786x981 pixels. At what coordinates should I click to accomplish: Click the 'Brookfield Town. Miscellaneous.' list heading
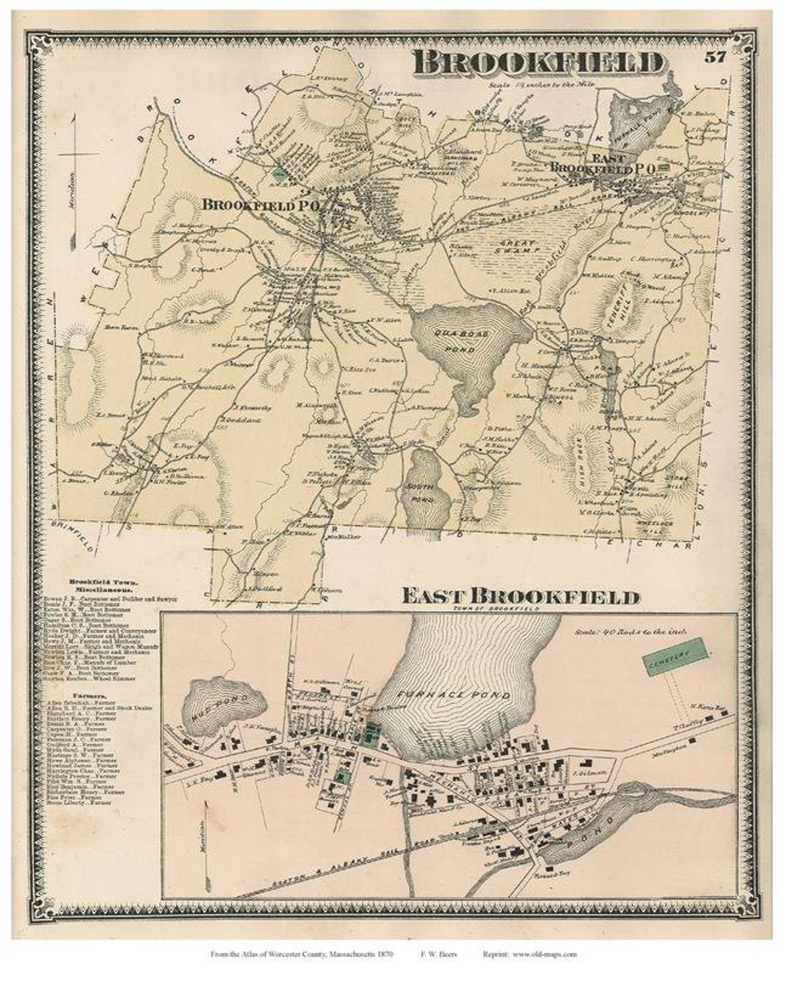tap(100, 586)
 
